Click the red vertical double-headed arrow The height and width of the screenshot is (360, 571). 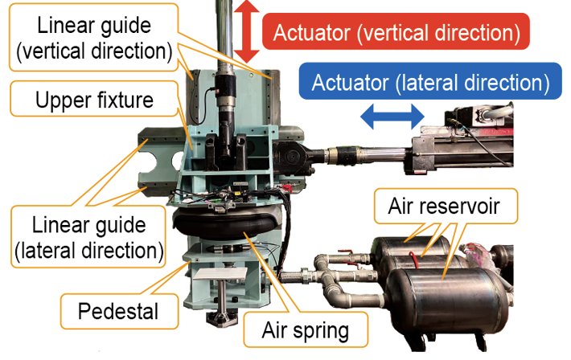pyautogui.click(x=247, y=31)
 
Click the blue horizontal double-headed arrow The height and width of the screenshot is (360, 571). pyautogui.click(x=392, y=117)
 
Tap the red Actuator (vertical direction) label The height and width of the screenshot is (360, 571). pyautogui.click(x=396, y=31)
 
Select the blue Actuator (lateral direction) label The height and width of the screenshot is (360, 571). pyautogui.click(x=430, y=81)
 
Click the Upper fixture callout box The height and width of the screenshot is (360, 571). pyautogui.click(x=94, y=99)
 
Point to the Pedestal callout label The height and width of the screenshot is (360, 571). pyautogui.click(x=119, y=311)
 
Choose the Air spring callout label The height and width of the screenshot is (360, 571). pyautogui.click(x=306, y=329)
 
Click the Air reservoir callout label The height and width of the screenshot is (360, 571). pyautogui.click(x=445, y=206)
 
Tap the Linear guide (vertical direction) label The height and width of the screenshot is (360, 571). pyautogui.click(x=94, y=38)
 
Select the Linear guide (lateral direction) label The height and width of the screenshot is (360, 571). pyautogui.click(x=88, y=236)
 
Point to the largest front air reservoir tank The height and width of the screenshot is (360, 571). pyautogui.click(x=450, y=301)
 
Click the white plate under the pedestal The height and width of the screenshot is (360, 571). pyautogui.click(x=220, y=275)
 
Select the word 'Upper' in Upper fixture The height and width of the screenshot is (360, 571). pyautogui.click(x=60, y=100)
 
